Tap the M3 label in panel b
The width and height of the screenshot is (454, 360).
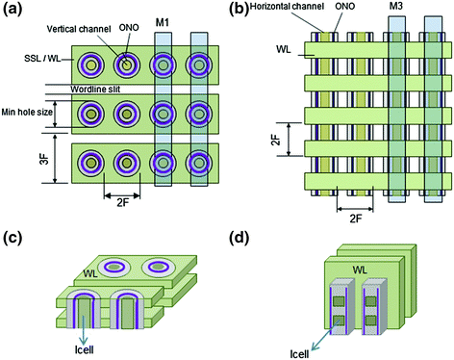396,16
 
